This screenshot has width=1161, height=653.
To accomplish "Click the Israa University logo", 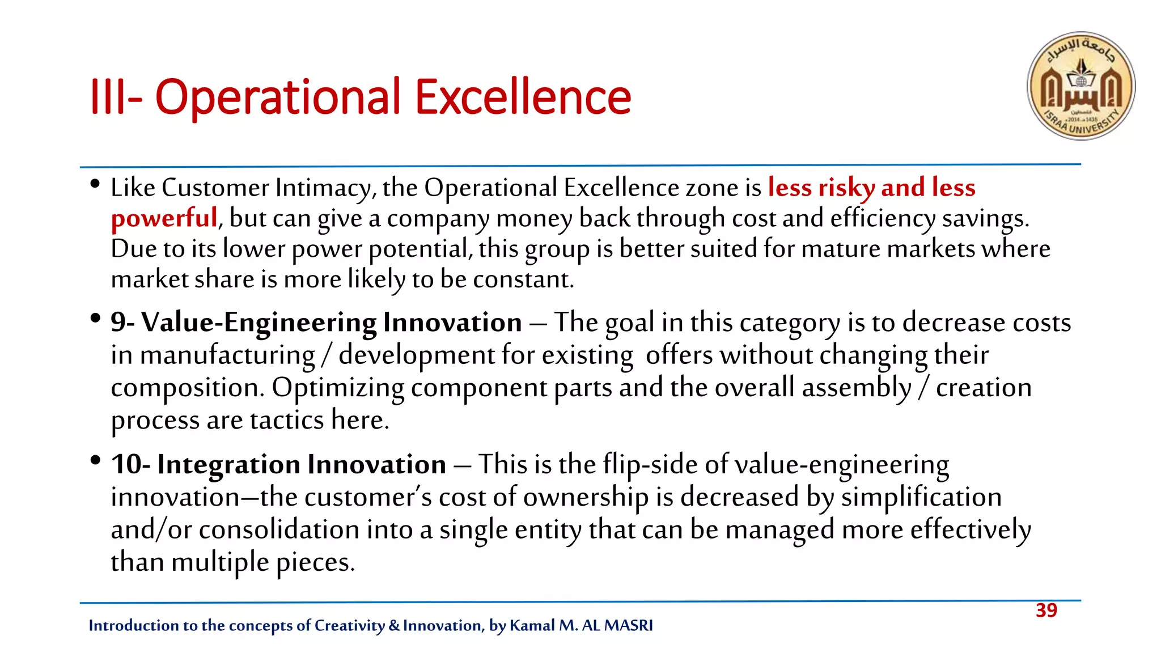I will coord(1081,86).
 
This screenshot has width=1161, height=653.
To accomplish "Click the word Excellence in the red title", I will coord(523,97).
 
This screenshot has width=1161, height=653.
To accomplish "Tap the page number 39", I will coord(1046,610).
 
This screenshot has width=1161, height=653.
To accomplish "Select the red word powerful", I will coord(164,218).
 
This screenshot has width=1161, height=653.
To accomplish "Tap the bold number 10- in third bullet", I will coord(130,464).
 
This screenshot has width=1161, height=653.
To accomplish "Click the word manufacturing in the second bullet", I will coord(227,356).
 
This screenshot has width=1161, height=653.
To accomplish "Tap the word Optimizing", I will coord(338,388).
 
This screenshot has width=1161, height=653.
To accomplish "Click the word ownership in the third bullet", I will coord(586,498).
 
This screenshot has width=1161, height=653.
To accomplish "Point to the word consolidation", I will coord(279,530).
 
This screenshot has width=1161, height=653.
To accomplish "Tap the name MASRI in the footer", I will coord(628,625).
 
